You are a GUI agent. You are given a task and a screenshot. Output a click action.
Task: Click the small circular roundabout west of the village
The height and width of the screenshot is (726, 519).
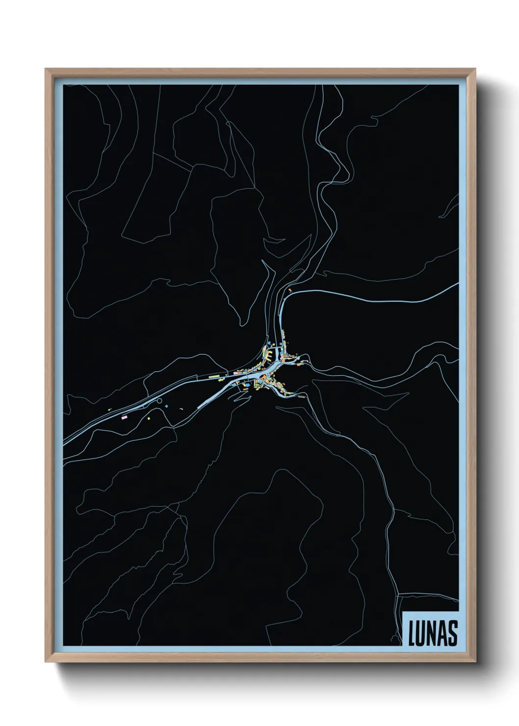click(159, 401)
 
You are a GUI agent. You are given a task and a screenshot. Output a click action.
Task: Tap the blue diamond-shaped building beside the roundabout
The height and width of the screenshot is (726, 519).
click(167, 406)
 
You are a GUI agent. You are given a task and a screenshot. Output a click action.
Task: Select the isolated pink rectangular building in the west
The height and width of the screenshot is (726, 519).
click(124, 417)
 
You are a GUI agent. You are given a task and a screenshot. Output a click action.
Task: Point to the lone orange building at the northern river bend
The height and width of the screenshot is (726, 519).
click(290, 291)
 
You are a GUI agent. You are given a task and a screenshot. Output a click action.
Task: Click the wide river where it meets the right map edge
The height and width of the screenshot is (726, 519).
click(456, 285)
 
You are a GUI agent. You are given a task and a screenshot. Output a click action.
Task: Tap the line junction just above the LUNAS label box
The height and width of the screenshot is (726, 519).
click(398, 595)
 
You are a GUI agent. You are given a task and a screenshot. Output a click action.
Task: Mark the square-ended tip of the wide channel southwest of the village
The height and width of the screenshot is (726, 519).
click(198, 407)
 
